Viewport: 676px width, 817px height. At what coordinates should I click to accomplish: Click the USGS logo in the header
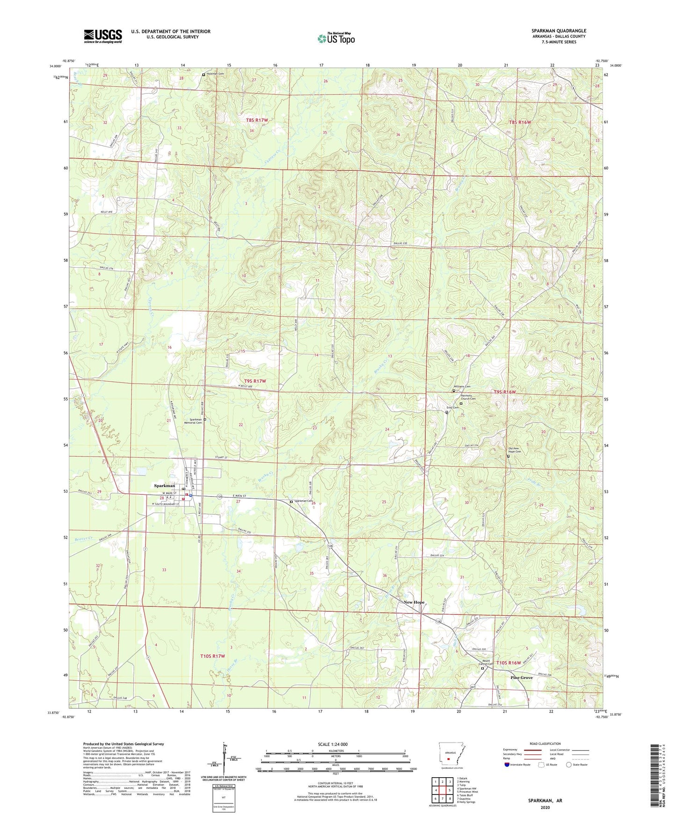tap(103, 36)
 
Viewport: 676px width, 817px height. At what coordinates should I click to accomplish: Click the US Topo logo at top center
tap(336, 38)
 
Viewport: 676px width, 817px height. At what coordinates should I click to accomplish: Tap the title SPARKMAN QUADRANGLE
tap(559, 31)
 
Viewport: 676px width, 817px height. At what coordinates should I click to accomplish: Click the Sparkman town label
tap(165, 486)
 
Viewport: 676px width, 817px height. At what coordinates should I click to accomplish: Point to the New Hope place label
tap(414, 602)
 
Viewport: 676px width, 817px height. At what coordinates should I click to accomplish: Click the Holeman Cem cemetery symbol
tap(204, 74)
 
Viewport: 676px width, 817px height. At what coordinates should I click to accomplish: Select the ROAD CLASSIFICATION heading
tap(545, 744)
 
